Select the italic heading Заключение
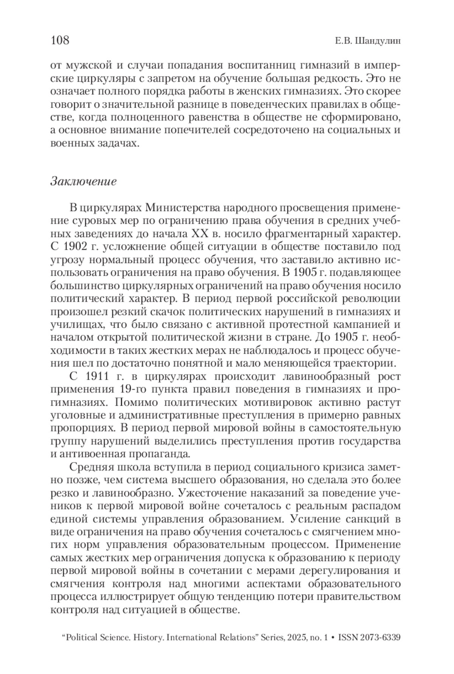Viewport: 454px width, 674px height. (x=83, y=181)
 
